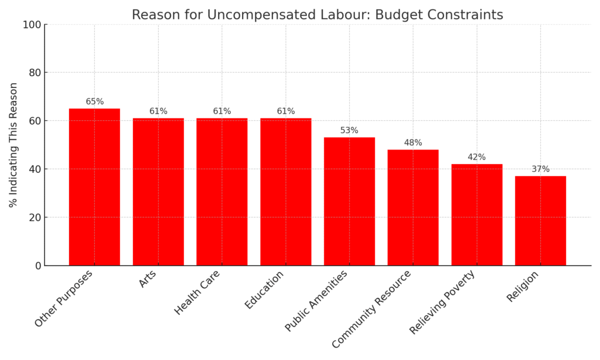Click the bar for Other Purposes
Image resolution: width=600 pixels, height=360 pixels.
click(94, 187)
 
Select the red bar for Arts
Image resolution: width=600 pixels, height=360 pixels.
click(158, 192)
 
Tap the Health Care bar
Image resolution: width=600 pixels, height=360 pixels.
click(222, 192)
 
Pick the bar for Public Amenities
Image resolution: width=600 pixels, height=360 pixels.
click(349, 201)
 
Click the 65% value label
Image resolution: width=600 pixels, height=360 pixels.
click(94, 102)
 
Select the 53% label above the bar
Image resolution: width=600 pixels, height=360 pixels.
click(349, 131)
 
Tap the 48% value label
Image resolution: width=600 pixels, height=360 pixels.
click(413, 143)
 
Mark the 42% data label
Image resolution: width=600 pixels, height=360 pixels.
click(476, 157)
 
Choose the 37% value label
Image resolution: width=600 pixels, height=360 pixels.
click(540, 169)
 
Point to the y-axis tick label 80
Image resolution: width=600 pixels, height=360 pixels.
click(35, 73)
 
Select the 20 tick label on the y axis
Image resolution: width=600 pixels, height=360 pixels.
click(35, 218)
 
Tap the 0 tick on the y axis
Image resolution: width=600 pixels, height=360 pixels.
click(38, 266)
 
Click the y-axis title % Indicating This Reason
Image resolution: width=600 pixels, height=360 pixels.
click(13, 145)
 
